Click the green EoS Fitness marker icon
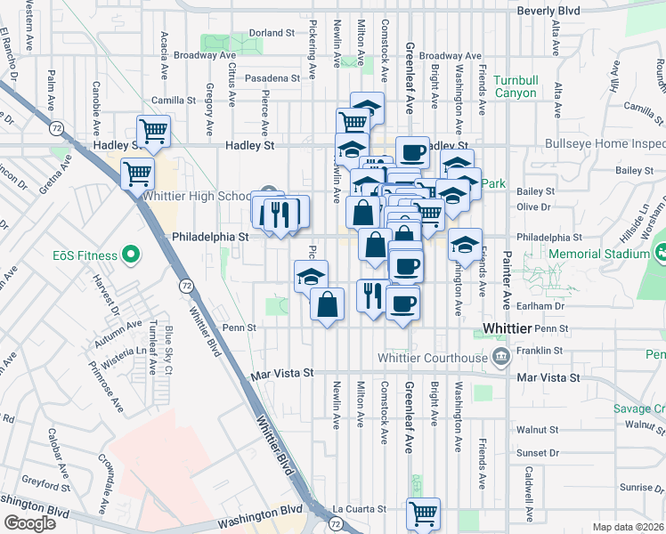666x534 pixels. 132,256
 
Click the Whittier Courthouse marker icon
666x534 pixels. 500,358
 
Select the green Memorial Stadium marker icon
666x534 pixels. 660,254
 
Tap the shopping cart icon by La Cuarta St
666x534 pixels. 423,513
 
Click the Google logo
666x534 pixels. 30,523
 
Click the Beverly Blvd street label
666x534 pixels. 548,12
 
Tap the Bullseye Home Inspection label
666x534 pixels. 605,143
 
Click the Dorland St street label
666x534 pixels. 272,33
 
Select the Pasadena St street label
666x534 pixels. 274,78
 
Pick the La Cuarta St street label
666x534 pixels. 359,509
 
